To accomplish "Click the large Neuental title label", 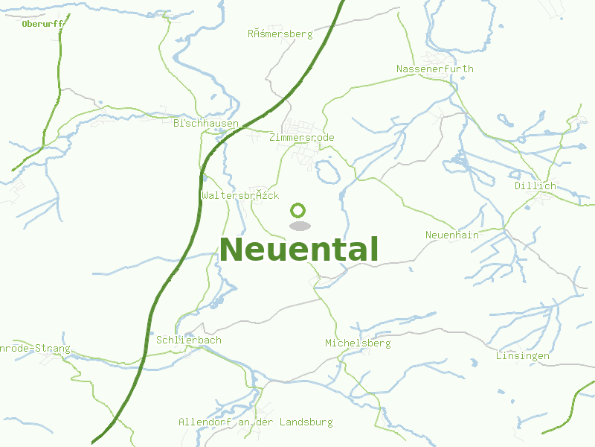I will [299, 250].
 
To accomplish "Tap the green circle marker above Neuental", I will [298, 210].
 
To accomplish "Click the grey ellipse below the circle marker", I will [300, 226].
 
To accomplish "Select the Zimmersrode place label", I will [302, 138].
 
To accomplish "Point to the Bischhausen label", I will [205, 123].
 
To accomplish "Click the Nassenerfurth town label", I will [434, 69].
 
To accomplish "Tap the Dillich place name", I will [535, 186].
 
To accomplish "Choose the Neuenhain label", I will [451, 235].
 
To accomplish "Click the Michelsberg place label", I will [358, 343].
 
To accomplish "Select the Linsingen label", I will [522, 356].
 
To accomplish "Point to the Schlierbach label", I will [189, 340].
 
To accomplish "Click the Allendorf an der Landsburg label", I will [255, 422].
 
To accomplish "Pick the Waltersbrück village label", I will [239, 195].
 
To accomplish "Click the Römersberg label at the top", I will [280, 34].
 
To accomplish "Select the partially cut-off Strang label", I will [35, 349].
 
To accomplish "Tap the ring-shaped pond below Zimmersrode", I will [328, 174].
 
